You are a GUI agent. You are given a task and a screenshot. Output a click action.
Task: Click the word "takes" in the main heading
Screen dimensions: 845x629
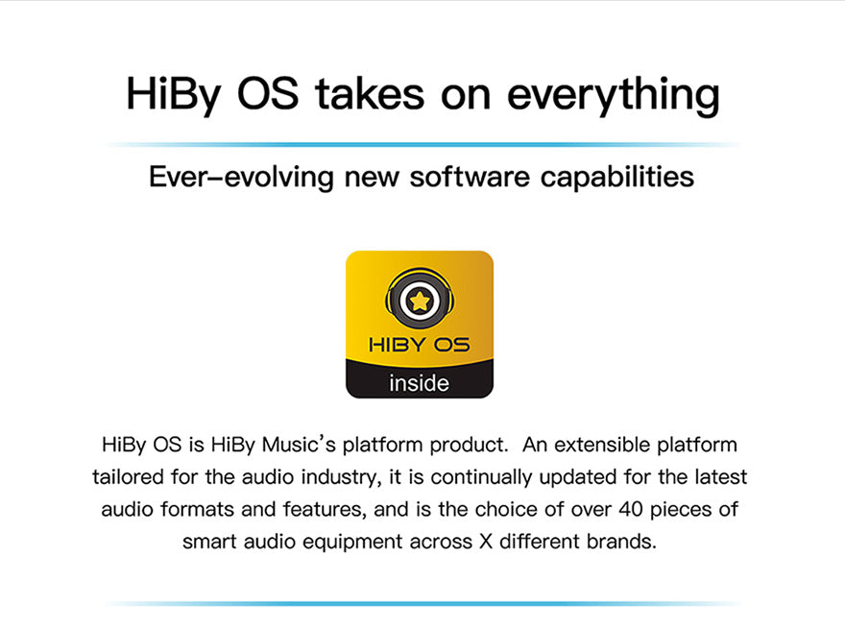click(x=370, y=94)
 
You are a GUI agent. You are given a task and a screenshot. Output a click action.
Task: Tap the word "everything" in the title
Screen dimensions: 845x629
click(x=614, y=96)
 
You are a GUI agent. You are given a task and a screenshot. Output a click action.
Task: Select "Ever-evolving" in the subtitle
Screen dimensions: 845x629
click(x=241, y=177)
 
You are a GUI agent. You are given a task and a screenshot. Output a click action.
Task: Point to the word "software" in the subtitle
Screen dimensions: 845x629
click(x=470, y=177)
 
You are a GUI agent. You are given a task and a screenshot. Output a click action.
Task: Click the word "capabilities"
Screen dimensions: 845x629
click(x=617, y=178)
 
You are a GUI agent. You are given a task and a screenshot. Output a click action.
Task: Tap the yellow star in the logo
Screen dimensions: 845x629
click(x=420, y=301)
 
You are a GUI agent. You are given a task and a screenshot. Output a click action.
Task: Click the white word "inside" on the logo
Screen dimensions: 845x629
click(x=420, y=383)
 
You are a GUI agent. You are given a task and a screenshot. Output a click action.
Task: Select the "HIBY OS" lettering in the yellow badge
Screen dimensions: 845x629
click(x=420, y=345)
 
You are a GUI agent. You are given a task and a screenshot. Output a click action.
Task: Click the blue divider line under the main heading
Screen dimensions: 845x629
click(x=423, y=144)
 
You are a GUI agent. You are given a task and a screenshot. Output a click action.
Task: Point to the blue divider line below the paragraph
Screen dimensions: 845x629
click(x=423, y=604)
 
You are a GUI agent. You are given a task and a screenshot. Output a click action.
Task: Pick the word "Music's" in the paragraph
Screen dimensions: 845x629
click(x=299, y=445)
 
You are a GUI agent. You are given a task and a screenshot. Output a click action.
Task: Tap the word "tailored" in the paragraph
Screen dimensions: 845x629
click(x=128, y=477)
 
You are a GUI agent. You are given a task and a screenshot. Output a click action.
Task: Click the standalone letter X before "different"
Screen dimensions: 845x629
click(x=486, y=542)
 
